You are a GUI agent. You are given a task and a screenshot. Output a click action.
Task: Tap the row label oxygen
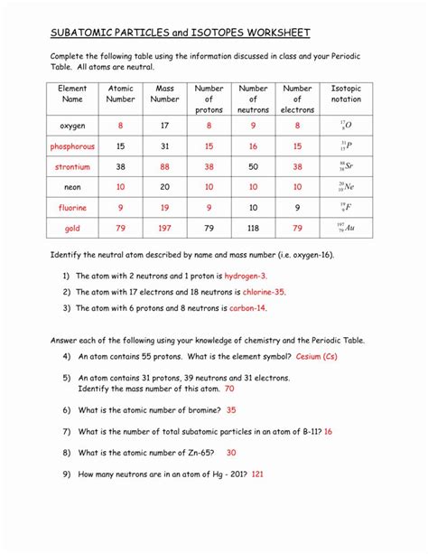tap(72, 126)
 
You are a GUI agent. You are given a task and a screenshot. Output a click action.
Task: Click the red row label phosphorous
tap(72, 146)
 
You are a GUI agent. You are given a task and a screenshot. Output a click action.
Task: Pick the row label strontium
tap(72, 166)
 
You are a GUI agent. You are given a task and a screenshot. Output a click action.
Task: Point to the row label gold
tap(72, 228)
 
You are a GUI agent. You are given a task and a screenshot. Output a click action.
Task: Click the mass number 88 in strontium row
tap(164, 166)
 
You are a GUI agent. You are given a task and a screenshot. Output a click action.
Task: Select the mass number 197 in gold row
tap(164, 228)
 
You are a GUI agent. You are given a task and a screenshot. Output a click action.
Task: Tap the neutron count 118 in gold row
tap(253, 228)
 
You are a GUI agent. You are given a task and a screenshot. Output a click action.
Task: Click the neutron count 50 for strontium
tap(253, 166)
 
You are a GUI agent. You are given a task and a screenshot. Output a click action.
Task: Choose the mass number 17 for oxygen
tap(164, 126)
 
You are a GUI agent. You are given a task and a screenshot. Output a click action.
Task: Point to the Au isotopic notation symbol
tap(346, 228)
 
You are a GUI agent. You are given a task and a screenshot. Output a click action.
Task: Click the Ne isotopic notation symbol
tap(346, 187)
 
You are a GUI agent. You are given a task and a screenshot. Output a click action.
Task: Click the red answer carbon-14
tap(249, 308)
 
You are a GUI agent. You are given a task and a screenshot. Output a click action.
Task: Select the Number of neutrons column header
tap(253, 99)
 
